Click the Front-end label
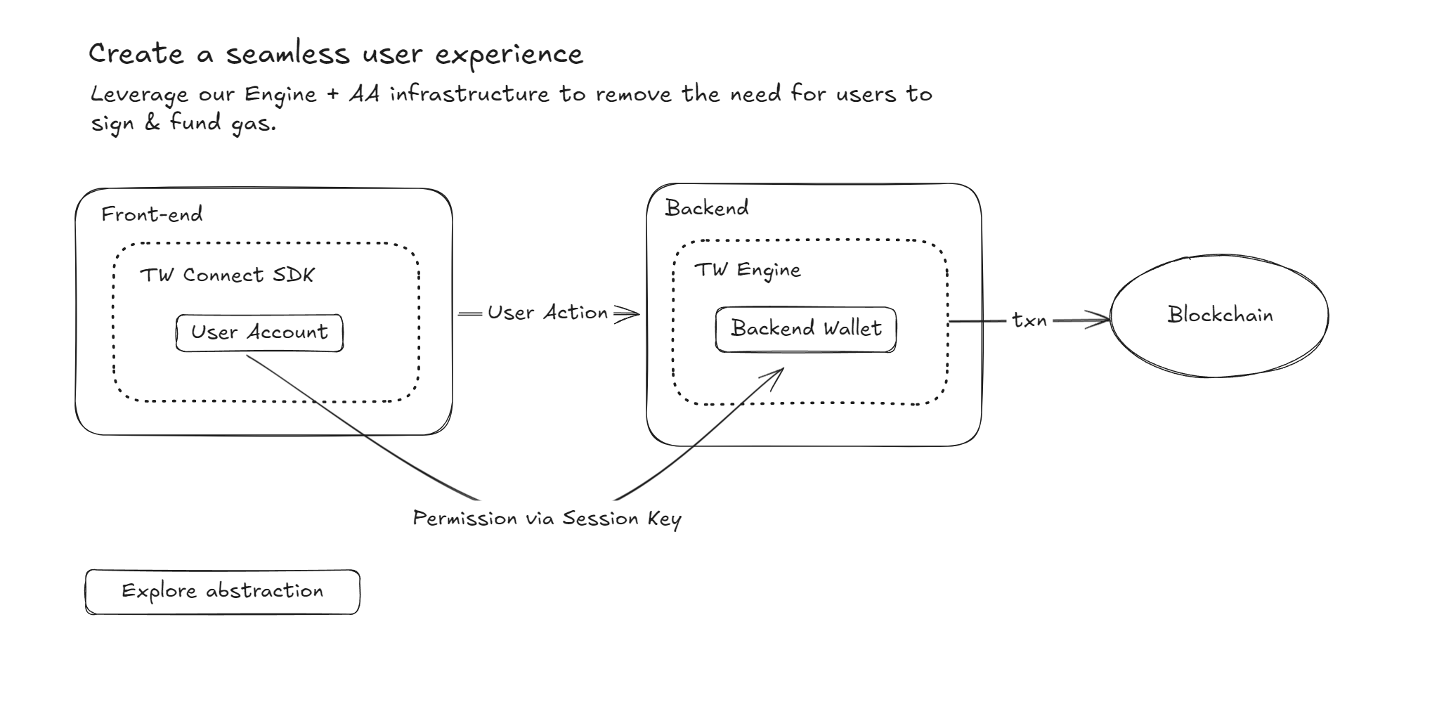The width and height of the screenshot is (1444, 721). pyautogui.click(x=152, y=214)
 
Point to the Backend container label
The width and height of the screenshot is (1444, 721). pyautogui.click(x=707, y=207)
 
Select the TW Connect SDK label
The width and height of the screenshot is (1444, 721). pyautogui.click(x=227, y=274)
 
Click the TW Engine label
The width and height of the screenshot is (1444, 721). pyautogui.click(x=748, y=271)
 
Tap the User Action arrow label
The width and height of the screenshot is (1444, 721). pyautogui.click(x=547, y=312)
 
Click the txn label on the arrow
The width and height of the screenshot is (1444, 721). pyautogui.click(x=1029, y=320)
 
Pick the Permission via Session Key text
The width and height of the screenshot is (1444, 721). pyautogui.click(x=547, y=519)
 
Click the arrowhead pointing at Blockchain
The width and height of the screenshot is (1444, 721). pyautogui.click(x=1098, y=320)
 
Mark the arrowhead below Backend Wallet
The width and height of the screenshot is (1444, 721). pyautogui.click(x=773, y=378)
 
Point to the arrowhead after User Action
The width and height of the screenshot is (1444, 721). pyautogui.click(x=627, y=313)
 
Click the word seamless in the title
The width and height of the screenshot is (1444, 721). pyautogui.click(x=287, y=54)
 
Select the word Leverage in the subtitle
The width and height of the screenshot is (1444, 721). pyautogui.click(x=139, y=95)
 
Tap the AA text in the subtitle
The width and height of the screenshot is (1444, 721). pyautogui.click(x=364, y=93)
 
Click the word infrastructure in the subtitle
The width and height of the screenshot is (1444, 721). pyautogui.click(x=469, y=93)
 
